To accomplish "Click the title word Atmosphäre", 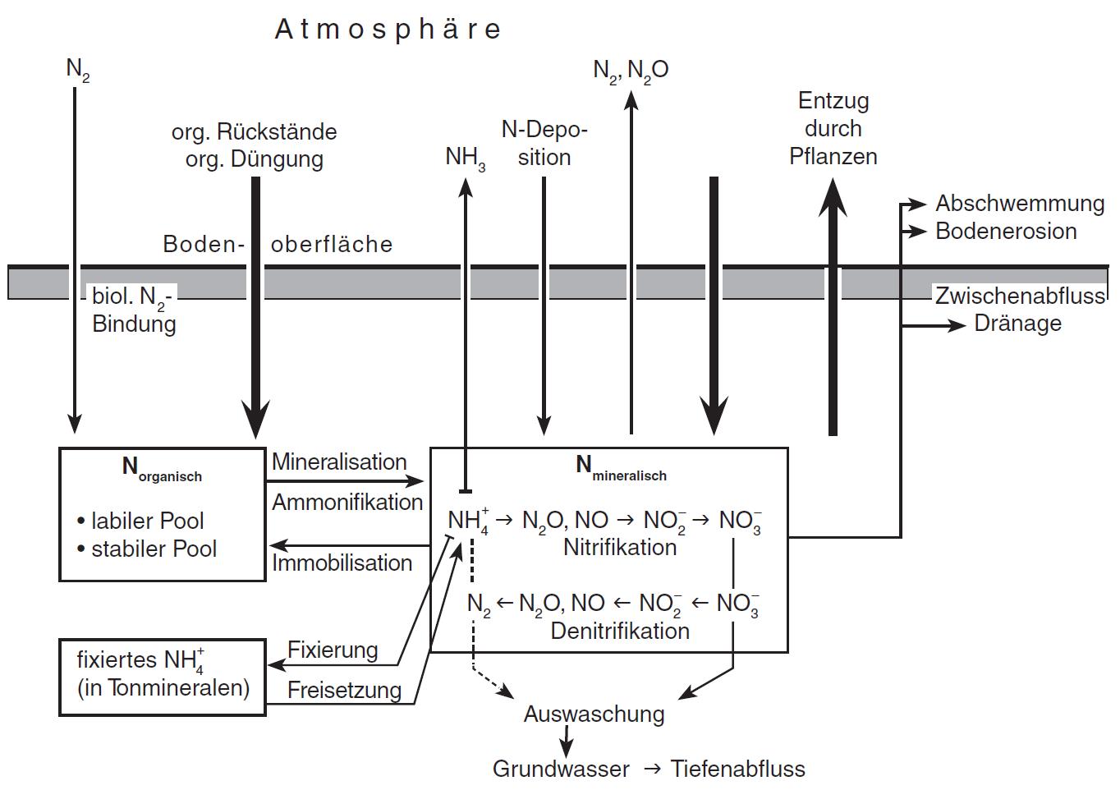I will [388, 30].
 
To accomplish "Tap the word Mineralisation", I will [339, 462].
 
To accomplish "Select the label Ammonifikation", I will [347, 502].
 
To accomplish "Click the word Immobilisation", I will [342, 563].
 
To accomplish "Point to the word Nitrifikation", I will [620, 548].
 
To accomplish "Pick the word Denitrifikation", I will [620, 632].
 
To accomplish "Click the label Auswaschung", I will [594, 714].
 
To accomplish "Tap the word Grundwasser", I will [561, 769].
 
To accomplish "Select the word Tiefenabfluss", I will [737, 769].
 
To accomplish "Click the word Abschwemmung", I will [1020, 204].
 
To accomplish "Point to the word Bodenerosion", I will [1006, 232].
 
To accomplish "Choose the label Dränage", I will [1017, 324].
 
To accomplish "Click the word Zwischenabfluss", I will [1020, 296].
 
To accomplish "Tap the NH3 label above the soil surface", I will [465, 157].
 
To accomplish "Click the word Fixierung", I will [333, 650].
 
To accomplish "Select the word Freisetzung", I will [344, 691].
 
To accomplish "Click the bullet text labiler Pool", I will [147, 521].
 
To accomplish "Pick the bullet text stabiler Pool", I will [154, 549].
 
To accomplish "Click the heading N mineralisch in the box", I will [621, 467].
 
